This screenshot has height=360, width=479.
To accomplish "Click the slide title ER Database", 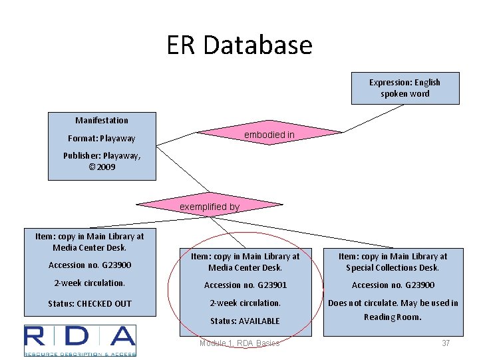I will point(239,45).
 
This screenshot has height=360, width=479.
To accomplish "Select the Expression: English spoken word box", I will point(404,88).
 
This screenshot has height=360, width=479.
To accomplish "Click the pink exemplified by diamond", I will point(210,207).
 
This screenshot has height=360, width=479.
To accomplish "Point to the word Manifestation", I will point(102,121).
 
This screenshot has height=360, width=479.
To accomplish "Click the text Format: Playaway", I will point(101,139).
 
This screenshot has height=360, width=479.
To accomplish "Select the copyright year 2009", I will point(106,167).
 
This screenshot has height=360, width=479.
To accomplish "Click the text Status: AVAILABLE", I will point(245,321).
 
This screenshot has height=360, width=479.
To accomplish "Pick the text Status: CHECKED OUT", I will point(89,304).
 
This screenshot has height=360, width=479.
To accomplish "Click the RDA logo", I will point(80,340).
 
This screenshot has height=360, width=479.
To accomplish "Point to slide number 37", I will point(446,343).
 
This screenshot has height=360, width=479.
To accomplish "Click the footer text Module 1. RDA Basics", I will point(239,343).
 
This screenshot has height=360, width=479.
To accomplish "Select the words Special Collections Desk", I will point(393,267).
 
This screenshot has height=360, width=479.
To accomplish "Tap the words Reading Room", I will point(393,317).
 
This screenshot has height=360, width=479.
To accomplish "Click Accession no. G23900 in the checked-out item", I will point(89,265).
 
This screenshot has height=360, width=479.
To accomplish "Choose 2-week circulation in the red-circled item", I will point(245,303).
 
